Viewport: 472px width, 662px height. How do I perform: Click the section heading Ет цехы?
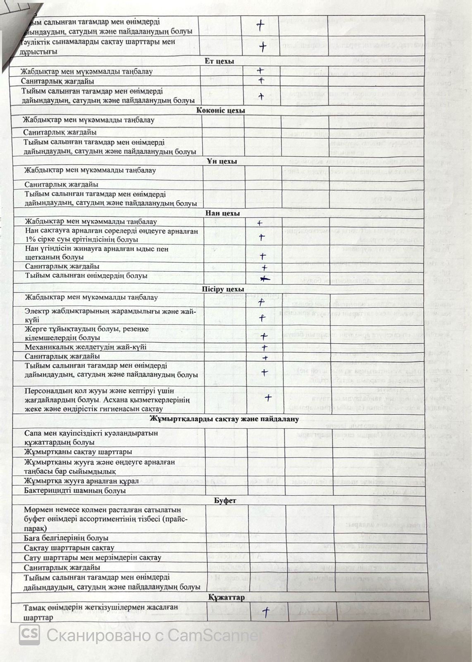coord(219,61)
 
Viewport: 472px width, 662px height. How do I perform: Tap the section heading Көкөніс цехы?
coord(221,110)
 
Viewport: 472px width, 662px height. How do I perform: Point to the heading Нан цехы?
coord(223,213)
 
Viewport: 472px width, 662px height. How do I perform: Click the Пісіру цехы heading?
coord(223,289)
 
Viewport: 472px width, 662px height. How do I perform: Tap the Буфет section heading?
coord(225,500)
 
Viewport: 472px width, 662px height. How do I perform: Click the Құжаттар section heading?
coord(226,597)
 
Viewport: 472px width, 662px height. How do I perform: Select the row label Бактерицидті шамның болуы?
coord(75,491)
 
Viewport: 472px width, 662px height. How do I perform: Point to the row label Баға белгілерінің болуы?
coord(66,538)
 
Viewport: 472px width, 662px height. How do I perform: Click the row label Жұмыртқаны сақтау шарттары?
coord(78,451)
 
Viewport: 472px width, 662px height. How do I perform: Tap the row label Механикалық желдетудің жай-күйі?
coord(86,347)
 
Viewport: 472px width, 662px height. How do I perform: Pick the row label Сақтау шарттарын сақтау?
coord(69,548)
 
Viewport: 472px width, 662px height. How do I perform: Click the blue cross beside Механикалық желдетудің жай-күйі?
coord(265,347)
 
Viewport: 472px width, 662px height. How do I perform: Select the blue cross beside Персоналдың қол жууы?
coord(268,398)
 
